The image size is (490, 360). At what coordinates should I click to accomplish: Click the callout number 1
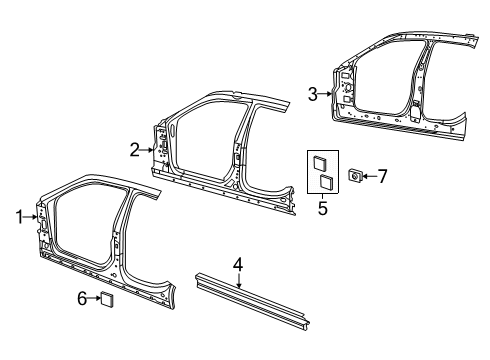(x=18, y=215)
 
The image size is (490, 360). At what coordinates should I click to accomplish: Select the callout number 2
(x=133, y=150)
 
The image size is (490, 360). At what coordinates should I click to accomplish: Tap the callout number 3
(x=313, y=94)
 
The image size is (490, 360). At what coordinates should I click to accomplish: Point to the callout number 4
(x=238, y=266)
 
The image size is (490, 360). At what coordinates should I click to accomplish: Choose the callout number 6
(x=83, y=297)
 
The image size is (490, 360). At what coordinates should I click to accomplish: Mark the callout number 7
(x=381, y=176)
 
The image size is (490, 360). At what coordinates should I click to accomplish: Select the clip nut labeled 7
(x=353, y=177)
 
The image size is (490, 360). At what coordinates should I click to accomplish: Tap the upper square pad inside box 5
(x=322, y=162)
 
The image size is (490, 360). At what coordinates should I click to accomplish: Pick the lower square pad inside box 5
(x=324, y=182)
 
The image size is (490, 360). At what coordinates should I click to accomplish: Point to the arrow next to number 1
(x=30, y=215)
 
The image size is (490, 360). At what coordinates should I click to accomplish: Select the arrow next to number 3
(x=326, y=94)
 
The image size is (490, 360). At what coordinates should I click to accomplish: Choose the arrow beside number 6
(x=95, y=297)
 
